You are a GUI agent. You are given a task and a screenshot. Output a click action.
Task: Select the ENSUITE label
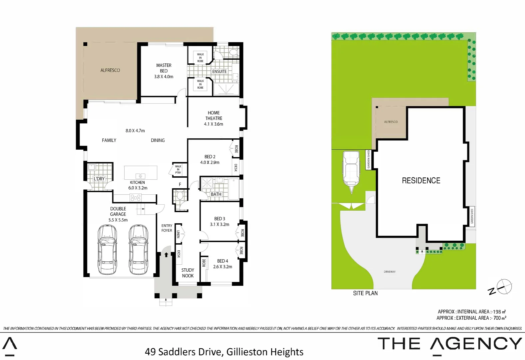(x=219, y=71)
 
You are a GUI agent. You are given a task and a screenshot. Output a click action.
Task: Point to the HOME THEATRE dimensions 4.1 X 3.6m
(x=214, y=124)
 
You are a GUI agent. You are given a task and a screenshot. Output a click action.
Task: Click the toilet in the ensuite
(x=234, y=52)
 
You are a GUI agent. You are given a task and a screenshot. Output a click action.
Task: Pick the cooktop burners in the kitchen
(x=136, y=198)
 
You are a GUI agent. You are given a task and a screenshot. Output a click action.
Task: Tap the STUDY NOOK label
(x=188, y=273)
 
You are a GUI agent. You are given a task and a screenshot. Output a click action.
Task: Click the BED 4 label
(x=223, y=261)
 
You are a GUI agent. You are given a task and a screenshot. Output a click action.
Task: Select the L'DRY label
(x=99, y=179)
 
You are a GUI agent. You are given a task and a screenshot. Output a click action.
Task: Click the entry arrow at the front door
(x=166, y=255)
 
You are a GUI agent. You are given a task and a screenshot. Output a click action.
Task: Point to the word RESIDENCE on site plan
(x=421, y=181)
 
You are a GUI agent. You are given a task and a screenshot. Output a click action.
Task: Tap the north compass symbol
(x=503, y=287)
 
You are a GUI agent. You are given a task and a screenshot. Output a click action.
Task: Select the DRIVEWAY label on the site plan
(x=389, y=272)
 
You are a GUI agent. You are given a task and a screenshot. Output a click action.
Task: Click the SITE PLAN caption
(x=365, y=293)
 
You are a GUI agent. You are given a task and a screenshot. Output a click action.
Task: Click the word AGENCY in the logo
(x=476, y=344)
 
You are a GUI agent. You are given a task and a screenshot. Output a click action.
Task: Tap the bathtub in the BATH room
(x=234, y=189)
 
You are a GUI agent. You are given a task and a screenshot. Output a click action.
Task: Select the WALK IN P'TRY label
(x=178, y=169)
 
